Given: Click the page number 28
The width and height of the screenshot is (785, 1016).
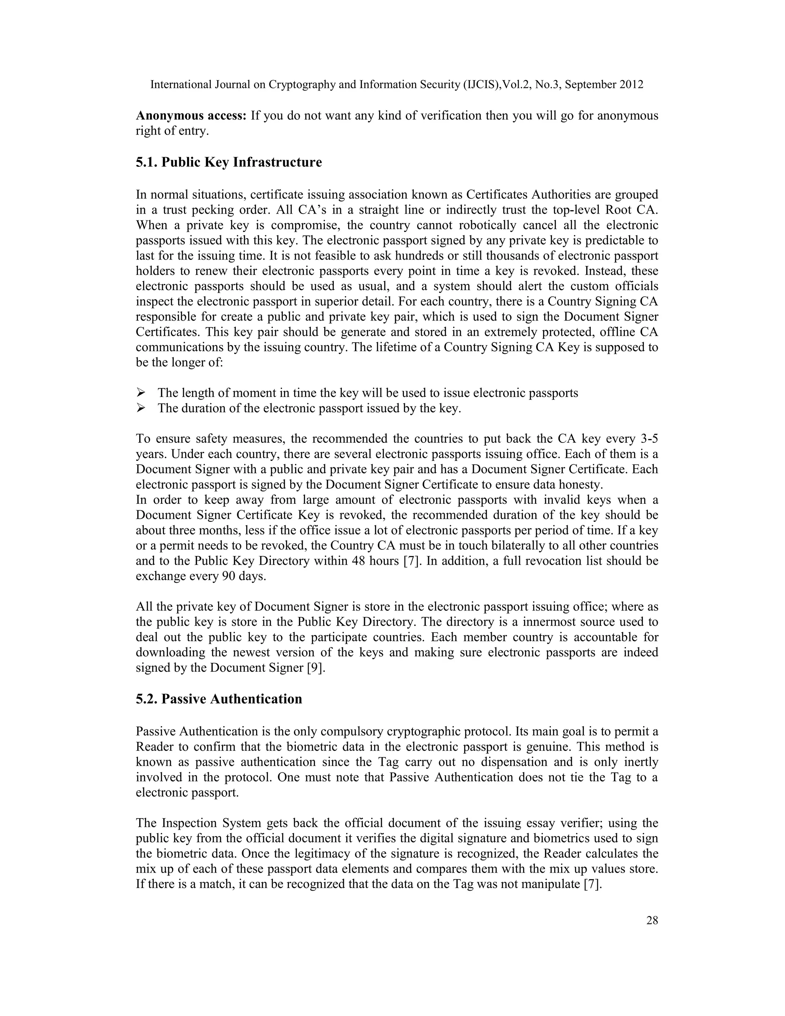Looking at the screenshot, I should click(x=652, y=920).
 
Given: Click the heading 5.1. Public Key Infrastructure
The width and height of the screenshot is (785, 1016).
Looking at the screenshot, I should click(x=229, y=162).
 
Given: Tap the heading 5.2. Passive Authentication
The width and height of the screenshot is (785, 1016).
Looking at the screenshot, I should click(x=218, y=699).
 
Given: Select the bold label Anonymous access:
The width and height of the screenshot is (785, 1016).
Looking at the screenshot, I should click(x=191, y=115).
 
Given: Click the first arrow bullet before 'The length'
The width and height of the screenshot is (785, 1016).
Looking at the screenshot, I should click(x=141, y=393).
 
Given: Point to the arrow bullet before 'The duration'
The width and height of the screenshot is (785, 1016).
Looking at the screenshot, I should click(x=141, y=408).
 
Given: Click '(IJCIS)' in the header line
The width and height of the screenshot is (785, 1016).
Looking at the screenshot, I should click(x=483, y=85).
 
